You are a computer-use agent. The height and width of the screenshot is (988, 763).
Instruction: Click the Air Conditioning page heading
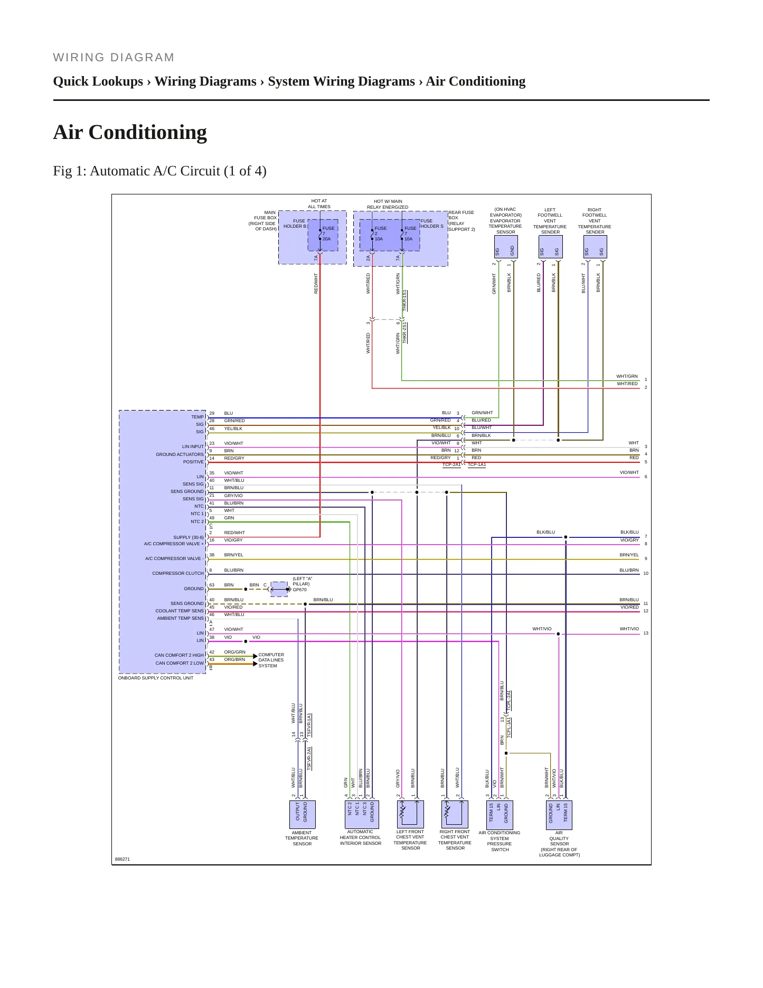(130, 132)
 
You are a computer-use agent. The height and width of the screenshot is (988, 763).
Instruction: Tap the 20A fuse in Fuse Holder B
(323, 235)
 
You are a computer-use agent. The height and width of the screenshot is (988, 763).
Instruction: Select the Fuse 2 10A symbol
(374, 235)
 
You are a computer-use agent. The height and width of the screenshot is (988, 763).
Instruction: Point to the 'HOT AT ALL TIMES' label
(319, 204)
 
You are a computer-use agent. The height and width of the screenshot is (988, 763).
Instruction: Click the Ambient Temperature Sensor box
(302, 815)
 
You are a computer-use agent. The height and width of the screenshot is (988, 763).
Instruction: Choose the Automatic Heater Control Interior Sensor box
(361, 815)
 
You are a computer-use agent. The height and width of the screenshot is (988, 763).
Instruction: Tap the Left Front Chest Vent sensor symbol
(410, 814)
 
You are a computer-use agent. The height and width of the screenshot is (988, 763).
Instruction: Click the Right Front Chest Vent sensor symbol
(455, 814)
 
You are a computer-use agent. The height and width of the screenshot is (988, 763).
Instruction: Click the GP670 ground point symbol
(279, 589)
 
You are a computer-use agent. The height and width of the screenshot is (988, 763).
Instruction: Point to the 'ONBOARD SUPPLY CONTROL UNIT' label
(156, 678)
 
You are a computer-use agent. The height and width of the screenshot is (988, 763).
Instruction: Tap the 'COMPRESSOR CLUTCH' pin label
(178, 573)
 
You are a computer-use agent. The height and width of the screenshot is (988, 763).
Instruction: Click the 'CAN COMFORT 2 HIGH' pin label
(179, 655)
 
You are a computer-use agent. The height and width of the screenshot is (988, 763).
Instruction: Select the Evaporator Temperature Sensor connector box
(505, 247)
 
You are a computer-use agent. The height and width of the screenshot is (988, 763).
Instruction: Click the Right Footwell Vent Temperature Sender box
(595, 247)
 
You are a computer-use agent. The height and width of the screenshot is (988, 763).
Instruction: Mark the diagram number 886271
(123, 859)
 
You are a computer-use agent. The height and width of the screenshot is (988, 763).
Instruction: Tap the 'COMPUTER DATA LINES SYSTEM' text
(271, 660)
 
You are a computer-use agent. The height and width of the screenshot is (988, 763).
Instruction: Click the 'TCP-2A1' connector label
(451, 465)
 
